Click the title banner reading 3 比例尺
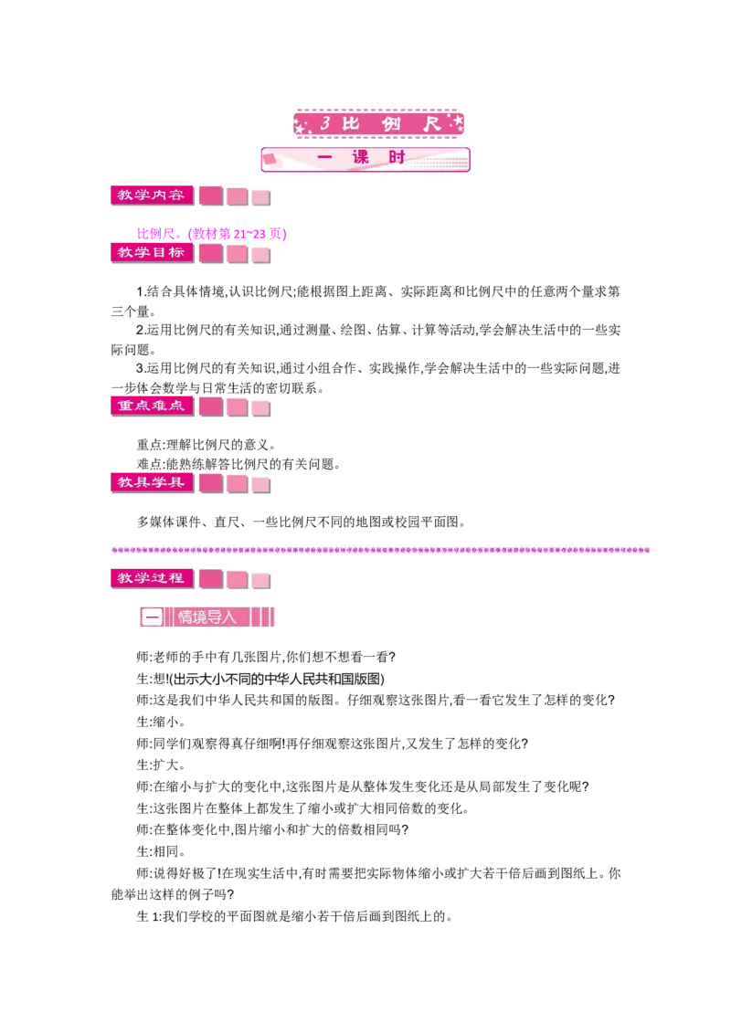pyautogui.click(x=378, y=123)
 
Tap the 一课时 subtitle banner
pyautogui.click(x=365, y=160)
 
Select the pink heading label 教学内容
pyautogui.click(x=152, y=195)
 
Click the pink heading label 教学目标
pyautogui.click(x=152, y=253)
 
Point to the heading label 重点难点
pyautogui.click(x=152, y=406)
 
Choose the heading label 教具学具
pyautogui.click(x=152, y=482)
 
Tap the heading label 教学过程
pyautogui.click(x=152, y=578)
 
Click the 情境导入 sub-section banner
pyautogui.click(x=207, y=617)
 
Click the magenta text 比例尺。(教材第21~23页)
pyautogui.click(x=212, y=234)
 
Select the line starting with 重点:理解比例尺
pyautogui.click(x=207, y=445)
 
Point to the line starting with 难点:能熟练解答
pyautogui.click(x=238, y=464)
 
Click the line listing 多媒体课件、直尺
pyautogui.click(x=302, y=522)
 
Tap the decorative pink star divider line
pyautogui.click(x=381, y=550)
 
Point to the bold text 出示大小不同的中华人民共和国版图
pyautogui.click(x=277, y=680)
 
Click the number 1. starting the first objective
pyautogui.click(x=142, y=291)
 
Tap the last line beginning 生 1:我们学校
pyautogui.click(x=295, y=916)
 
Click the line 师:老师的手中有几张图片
pyautogui.click(x=266, y=658)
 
